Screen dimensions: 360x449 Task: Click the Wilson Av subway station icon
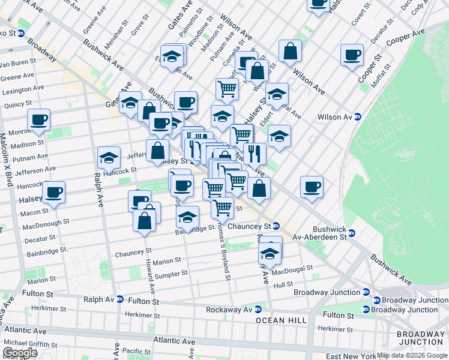pos(358,116)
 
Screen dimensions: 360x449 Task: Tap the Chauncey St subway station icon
pos(276,226)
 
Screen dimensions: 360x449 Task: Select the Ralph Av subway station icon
pos(120,299)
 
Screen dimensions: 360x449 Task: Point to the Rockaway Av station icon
pos(258,310)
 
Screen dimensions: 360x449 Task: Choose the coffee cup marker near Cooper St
pos(352,54)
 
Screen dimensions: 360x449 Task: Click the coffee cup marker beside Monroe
pos(39,119)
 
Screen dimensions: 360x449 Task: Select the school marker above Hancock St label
pos(109,157)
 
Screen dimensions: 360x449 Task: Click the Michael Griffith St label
pos(30,344)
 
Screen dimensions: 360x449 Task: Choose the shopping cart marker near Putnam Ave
pos(227,89)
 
